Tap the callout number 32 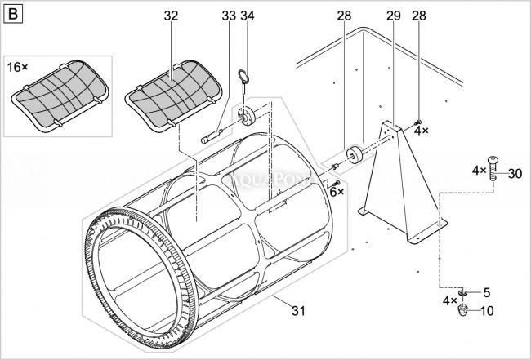click(171, 16)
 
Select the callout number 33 click(228, 16)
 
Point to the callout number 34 click(248, 16)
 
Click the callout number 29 click(392, 16)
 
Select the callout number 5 click(487, 291)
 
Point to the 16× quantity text click(19, 65)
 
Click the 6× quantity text click(337, 191)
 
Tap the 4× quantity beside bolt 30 click(479, 171)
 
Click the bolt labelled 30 click(494, 170)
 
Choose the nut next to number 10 click(463, 310)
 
